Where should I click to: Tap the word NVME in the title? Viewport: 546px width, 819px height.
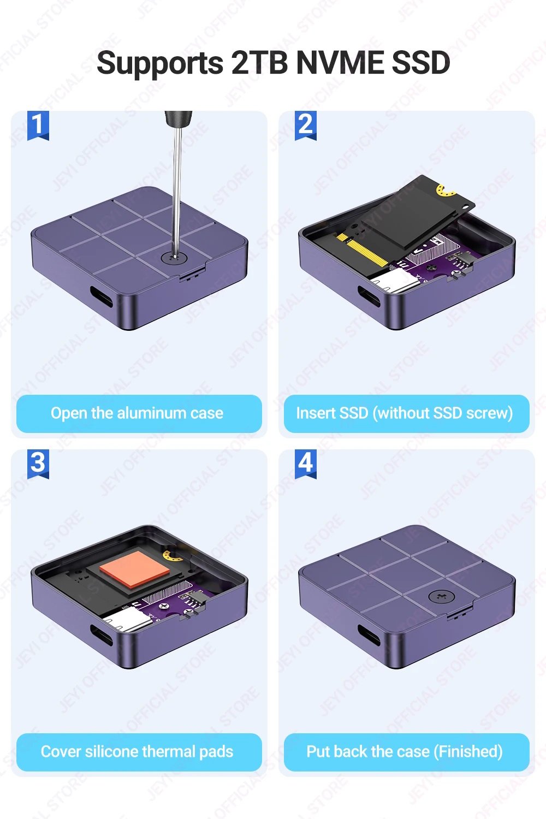340,62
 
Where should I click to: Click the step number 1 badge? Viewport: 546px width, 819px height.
38,126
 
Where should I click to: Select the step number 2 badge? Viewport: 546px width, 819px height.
306,126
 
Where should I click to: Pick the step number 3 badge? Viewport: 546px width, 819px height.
38,464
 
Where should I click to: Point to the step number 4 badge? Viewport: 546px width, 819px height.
306,464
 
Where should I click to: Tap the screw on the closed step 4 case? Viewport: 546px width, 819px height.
441,597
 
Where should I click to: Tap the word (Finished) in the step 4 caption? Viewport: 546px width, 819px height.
468,752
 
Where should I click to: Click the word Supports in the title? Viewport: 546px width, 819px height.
160,63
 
